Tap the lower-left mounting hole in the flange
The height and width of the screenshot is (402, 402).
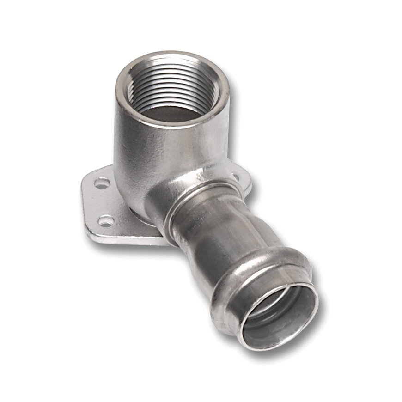tap(106, 221)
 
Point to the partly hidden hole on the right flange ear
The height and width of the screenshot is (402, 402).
tap(236, 176)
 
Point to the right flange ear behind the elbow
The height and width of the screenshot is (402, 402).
tap(243, 183)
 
